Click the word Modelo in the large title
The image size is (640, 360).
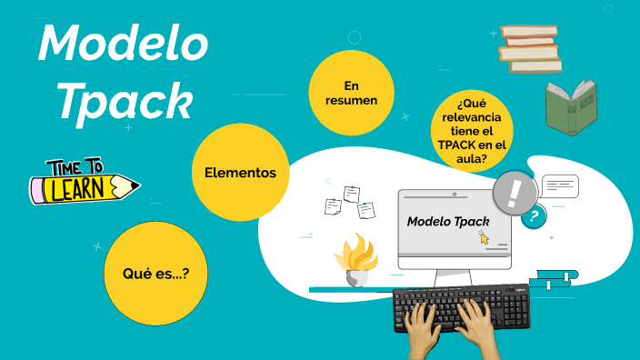click(x=123, y=43)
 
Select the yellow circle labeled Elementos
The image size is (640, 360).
click(x=240, y=172)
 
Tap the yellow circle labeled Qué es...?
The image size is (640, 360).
click(x=162, y=271)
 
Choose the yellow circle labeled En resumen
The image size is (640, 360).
click(x=352, y=93)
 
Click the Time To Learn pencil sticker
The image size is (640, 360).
click(x=85, y=182)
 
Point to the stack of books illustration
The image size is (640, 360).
click(x=528, y=49)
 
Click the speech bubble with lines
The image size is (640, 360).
click(x=560, y=186)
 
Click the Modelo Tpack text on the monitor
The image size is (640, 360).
click(x=448, y=221)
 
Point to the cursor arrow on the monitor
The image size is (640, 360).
click(x=484, y=236)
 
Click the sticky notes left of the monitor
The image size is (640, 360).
click(x=350, y=202)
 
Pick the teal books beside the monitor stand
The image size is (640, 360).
click(x=555, y=279)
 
